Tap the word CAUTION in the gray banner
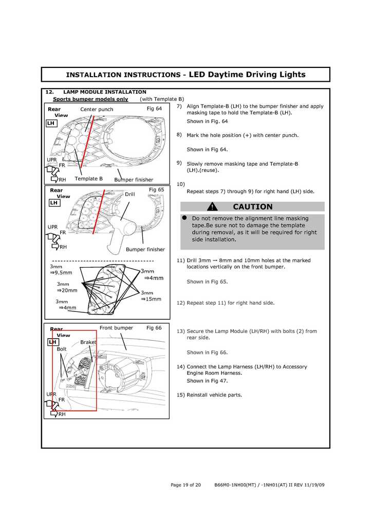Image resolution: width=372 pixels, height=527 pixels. coord(253,207)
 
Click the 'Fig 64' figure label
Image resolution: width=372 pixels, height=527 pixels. coord(154,109)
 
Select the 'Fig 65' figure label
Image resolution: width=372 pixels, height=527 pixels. coord(156,189)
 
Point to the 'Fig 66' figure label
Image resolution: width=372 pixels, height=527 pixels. coord(154,328)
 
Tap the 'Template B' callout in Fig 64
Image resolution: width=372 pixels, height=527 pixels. coord(88,179)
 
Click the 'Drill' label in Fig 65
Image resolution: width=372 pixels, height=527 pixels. coord(129,194)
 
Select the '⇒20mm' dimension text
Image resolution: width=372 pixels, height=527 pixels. coord(67,290)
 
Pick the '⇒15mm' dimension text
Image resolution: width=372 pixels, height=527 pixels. coord(151,299)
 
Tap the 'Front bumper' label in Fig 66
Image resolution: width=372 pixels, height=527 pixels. coord(116,328)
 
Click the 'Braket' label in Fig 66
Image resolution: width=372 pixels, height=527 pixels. coord(88,342)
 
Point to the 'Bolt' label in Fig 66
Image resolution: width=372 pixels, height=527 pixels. coord(62,349)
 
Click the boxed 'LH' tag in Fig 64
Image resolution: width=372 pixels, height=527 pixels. coord(51,124)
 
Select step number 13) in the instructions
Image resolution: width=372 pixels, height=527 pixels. coord(180,331)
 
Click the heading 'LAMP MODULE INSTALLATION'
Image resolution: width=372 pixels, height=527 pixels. coord(105,92)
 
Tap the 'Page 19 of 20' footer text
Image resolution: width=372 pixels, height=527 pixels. coord(185,485)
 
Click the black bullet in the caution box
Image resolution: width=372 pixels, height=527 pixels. coord(184,218)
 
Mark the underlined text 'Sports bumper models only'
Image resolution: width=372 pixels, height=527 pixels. coord(90,99)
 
